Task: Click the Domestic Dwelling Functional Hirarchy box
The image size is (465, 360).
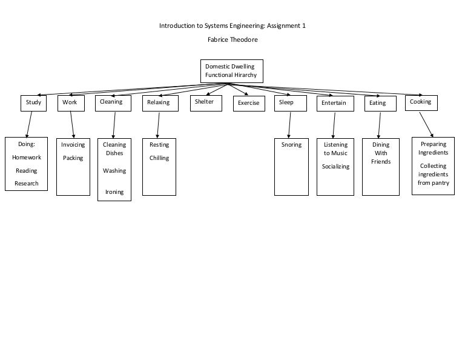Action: click(x=232, y=71)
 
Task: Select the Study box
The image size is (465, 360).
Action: click(x=33, y=103)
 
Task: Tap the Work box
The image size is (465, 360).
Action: click(x=71, y=103)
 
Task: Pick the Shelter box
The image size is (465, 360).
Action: click(x=205, y=102)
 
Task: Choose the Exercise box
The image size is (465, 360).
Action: click(x=249, y=104)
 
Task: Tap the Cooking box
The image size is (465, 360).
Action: click(x=421, y=102)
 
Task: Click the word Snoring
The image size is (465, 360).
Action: click(x=291, y=145)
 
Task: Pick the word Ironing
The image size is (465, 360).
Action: click(x=114, y=192)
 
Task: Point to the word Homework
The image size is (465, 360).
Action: click(x=27, y=158)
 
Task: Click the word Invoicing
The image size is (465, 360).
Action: click(x=73, y=145)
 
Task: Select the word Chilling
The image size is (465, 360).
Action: click(x=159, y=158)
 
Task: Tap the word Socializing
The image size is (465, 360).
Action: click(x=335, y=167)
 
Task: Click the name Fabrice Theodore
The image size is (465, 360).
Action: click(x=232, y=40)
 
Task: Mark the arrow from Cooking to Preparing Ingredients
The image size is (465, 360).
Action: click(x=426, y=124)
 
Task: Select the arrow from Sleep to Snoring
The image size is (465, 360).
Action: click(x=289, y=124)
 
